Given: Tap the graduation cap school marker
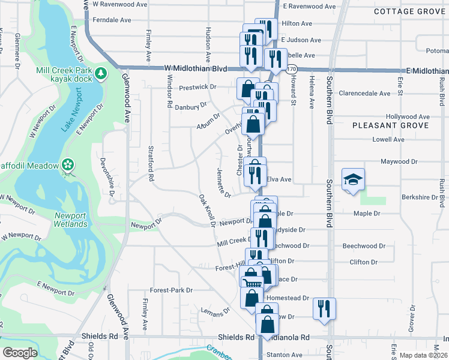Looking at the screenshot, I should (353, 179).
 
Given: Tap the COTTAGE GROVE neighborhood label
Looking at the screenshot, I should (411, 11).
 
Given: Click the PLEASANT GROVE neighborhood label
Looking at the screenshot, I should (390, 125).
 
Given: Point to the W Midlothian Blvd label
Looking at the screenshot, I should (195, 69).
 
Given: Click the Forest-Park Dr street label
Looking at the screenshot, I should (172, 290).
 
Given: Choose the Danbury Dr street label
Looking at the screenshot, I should (190, 107).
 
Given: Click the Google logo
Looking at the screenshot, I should (20, 353).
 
